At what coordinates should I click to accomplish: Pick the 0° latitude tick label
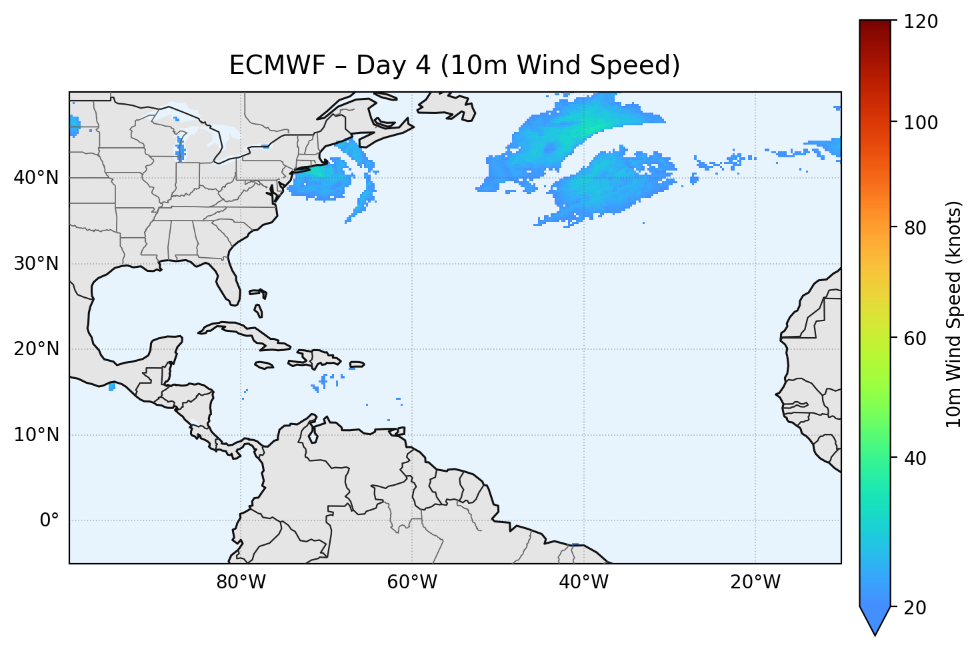(49, 520)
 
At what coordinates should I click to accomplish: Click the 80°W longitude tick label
(241, 582)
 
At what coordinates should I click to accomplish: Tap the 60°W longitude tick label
(412, 582)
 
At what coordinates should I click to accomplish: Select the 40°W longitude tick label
(583, 582)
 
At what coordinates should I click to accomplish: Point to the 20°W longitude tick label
(755, 582)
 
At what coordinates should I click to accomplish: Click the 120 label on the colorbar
(921, 22)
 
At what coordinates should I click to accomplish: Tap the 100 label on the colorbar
(921, 123)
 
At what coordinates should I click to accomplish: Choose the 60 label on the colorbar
(916, 338)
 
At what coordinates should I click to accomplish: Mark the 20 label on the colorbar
(916, 608)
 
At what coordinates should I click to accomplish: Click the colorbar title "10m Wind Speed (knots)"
(954, 314)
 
